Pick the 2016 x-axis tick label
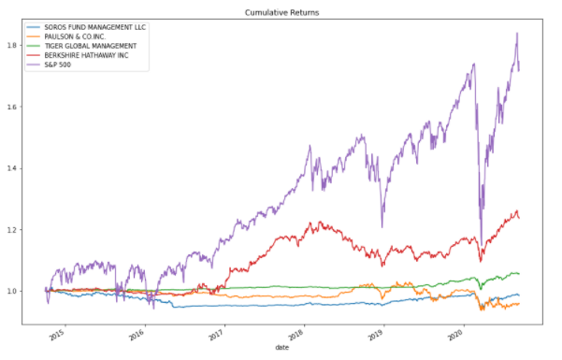137,334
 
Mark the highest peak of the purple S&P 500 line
517,33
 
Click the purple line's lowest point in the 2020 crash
481,243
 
